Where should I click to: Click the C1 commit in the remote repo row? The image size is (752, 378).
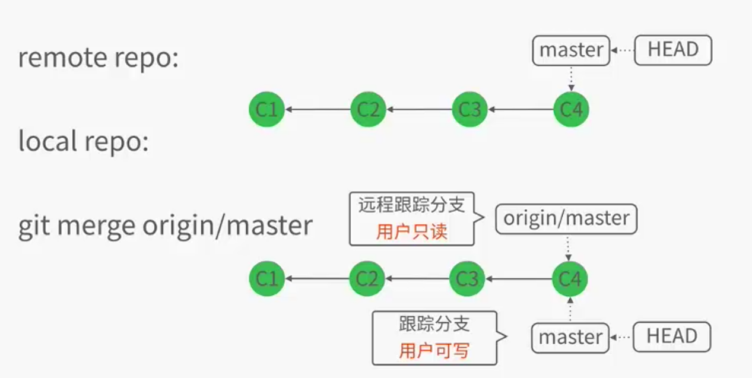tap(266, 110)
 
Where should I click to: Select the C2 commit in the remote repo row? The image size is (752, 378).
tap(368, 110)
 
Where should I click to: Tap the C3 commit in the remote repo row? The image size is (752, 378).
tap(469, 110)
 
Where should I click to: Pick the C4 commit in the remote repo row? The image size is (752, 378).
tap(571, 110)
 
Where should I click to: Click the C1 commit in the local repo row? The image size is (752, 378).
tap(266, 278)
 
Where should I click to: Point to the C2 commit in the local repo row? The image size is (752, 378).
tap(367, 278)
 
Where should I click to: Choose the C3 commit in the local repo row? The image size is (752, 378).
tap(468, 278)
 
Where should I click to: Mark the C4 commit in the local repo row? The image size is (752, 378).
tap(570, 278)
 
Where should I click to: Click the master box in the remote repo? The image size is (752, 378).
tap(571, 50)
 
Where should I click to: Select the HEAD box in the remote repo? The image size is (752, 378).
tap(672, 50)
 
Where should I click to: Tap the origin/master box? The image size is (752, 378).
tap(566, 219)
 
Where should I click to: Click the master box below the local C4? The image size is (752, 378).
tap(570, 337)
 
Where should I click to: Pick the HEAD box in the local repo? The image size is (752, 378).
tap(671, 337)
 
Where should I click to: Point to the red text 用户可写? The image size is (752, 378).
tap(434, 351)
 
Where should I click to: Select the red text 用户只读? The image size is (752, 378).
tap(411, 232)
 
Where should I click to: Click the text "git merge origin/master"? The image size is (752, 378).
tap(165, 226)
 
